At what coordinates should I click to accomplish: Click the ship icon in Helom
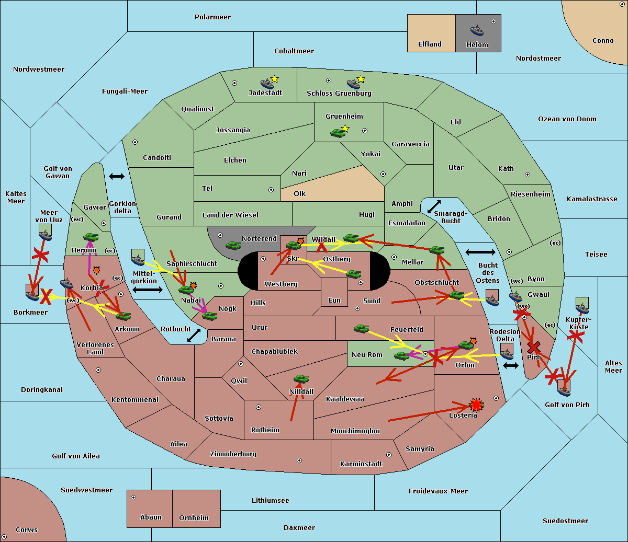pyautogui.click(x=477, y=30)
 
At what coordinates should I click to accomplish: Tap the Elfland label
pyautogui.click(x=430, y=44)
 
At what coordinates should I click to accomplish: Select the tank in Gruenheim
pyautogui.click(x=338, y=133)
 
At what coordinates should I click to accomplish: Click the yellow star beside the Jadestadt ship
pyautogui.click(x=274, y=79)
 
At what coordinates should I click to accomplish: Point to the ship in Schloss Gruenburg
pyautogui.click(x=354, y=84)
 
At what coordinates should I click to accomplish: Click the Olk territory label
pyautogui.click(x=299, y=193)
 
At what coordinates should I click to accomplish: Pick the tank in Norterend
pyautogui.click(x=233, y=245)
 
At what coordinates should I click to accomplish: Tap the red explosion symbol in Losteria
pyautogui.click(x=476, y=405)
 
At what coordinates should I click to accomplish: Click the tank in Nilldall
pyautogui.click(x=301, y=379)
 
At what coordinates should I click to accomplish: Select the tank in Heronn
pyautogui.click(x=91, y=237)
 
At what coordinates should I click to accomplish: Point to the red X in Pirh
pyautogui.click(x=534, y=347)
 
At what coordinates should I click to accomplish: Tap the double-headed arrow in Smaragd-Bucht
pyautogui.click(x=434, y=206)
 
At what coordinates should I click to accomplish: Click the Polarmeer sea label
pyautogui.click(x=212, y=17)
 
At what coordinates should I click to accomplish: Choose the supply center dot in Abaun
pyautogui.click(x=133, y=498)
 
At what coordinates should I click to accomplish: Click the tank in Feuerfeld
pyautogui.click(x=361, y=329)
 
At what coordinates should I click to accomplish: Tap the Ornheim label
pyautogui.click(x=194, y=518)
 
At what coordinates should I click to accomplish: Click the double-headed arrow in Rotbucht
pyautogui.click(x=194, y=335)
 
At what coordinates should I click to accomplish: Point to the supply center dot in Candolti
pyautogui.click(x=135, y=142)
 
